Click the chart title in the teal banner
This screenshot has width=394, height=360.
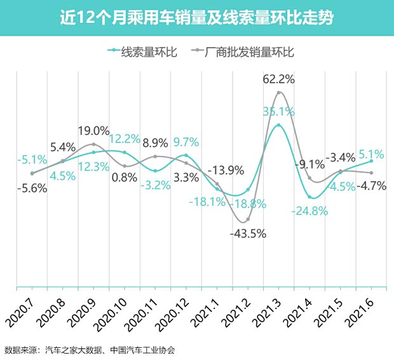[x=196, y=16]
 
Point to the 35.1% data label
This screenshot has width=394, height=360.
[x=278, y=111]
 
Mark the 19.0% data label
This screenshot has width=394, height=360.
[x=93, y=131]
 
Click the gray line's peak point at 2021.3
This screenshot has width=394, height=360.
[x=278, y=93]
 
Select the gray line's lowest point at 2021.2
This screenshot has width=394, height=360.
[x=247, y=220]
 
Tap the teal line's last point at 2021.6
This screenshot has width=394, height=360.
[x=371, y=161]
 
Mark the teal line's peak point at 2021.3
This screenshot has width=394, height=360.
[x=278, y=125]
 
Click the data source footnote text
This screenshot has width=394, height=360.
[x=89, y=350]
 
